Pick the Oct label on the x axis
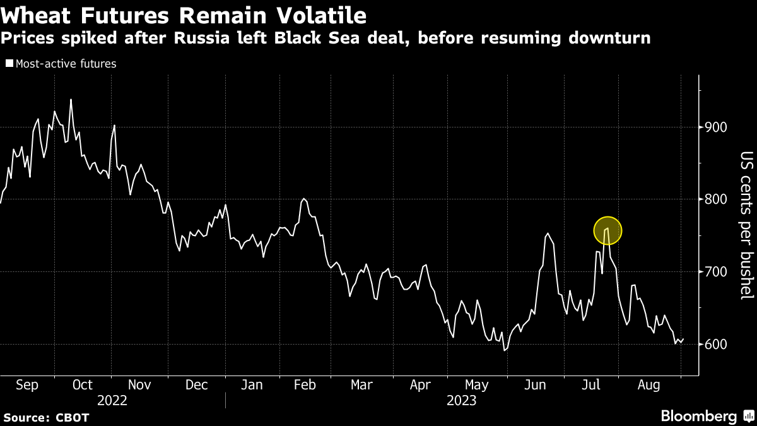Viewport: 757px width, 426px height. (83, 384)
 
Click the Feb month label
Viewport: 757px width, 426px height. (305, 384)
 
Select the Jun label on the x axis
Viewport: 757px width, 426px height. (537, 384)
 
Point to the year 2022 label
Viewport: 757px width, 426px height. (112, 400)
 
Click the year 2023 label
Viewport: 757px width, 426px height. (462, 400)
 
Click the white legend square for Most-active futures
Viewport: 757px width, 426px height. (8, 63)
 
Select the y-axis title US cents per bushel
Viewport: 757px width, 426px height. (746, 225)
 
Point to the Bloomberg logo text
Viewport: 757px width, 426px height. (698, 417)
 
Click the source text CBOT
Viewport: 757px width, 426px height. (73, 418)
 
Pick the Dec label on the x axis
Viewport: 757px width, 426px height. (196, 384)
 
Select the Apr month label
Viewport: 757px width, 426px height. (420, 384)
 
